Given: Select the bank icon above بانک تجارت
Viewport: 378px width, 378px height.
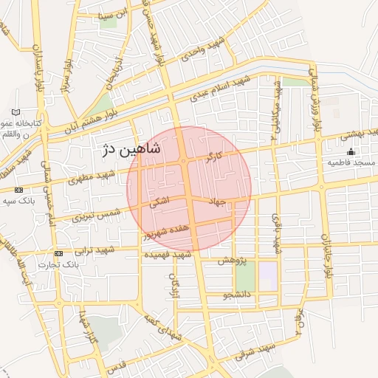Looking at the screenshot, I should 59,253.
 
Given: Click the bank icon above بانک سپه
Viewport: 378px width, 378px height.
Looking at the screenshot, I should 18,190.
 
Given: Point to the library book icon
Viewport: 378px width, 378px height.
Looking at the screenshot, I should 16,112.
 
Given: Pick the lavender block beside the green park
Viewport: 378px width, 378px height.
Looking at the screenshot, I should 267,276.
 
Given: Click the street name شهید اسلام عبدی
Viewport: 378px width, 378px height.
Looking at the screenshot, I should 222,89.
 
